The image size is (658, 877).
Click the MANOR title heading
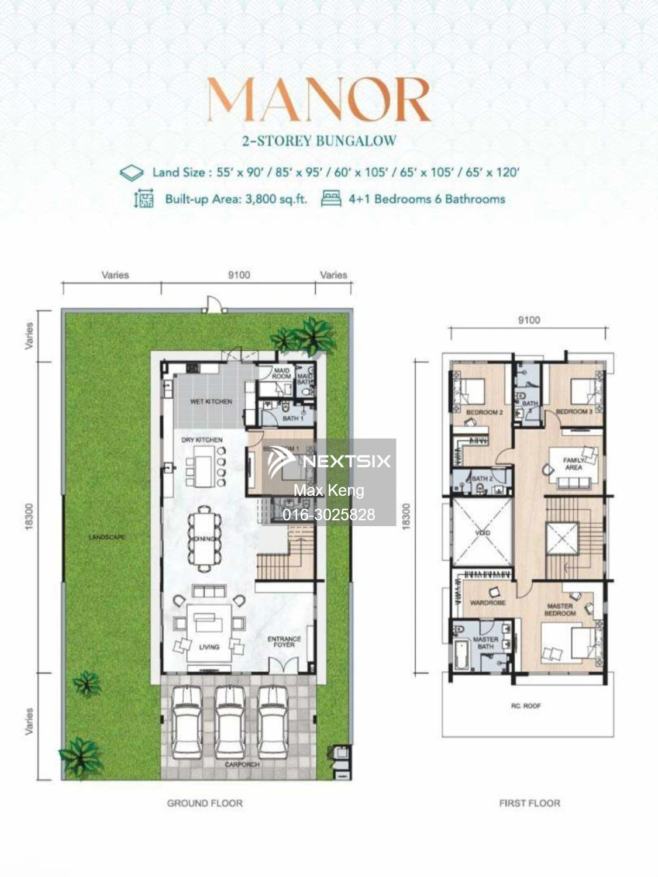coord(319,101)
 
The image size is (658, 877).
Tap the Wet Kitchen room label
coord(211,402)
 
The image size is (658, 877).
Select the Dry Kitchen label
coord(202,440)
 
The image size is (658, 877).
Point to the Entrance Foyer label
coord(284,641)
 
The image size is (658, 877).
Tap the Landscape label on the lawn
coord(106,537)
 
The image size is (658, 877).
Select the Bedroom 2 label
coord(484,412)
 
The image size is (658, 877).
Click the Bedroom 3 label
coord(574,412)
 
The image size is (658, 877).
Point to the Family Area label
coord(573,464)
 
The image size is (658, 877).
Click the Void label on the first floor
coord(483,533)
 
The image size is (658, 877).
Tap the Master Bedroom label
coord(560,610)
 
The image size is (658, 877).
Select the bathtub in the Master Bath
coord(460,655)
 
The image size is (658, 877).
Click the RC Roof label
coord(526,706)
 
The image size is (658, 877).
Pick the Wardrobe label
coord(487,602)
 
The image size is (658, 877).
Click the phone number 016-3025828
coord(329,515)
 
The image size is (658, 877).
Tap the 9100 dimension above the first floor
coord(528,320)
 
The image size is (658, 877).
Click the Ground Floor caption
coord(205,803)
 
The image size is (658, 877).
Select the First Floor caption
coord(529,803)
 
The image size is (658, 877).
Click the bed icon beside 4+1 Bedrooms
coord(331,199)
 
